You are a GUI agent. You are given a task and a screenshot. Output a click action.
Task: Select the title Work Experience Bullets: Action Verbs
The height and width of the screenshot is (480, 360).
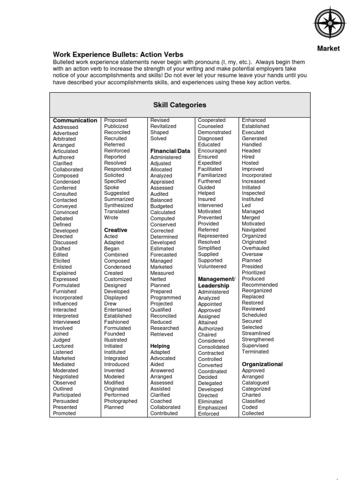coord(118,55)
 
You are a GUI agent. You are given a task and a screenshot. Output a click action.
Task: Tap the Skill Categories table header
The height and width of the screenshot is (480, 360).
coord(180,105)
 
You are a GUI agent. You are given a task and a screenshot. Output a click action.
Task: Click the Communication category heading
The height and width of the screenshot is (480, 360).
coord(75,120)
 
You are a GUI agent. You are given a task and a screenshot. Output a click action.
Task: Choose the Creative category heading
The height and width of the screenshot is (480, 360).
coord(115,230)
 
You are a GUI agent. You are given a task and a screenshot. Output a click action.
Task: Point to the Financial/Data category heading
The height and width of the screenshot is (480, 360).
coord(170,151)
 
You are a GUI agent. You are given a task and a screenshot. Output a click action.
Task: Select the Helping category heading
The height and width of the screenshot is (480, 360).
coord(160,346)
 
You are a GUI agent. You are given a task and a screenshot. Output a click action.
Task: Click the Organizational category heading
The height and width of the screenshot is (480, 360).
coord(262,364)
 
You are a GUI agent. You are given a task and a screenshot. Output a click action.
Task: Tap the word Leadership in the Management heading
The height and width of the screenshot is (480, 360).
coord(214,285)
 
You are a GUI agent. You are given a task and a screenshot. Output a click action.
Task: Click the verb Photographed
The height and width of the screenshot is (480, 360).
coord(120,401)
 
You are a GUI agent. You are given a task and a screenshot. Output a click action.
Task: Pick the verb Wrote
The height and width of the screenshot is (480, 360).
coord(111,217)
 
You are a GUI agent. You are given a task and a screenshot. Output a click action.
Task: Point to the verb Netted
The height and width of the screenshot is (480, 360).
coord(158,279)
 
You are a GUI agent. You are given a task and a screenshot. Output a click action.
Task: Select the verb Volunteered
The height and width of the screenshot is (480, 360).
coord(212,266)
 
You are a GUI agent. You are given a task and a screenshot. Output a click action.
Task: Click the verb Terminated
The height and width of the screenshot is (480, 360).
coord(255,352)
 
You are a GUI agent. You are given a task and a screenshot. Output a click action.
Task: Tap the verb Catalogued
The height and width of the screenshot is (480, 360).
coord(255,382)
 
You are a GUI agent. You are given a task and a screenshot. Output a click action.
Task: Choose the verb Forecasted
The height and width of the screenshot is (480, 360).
coord(163,255)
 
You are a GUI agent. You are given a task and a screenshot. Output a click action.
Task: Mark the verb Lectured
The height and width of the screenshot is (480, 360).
coord(63,346)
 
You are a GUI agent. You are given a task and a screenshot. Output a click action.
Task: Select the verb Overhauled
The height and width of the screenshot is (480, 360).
coord(255,248)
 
